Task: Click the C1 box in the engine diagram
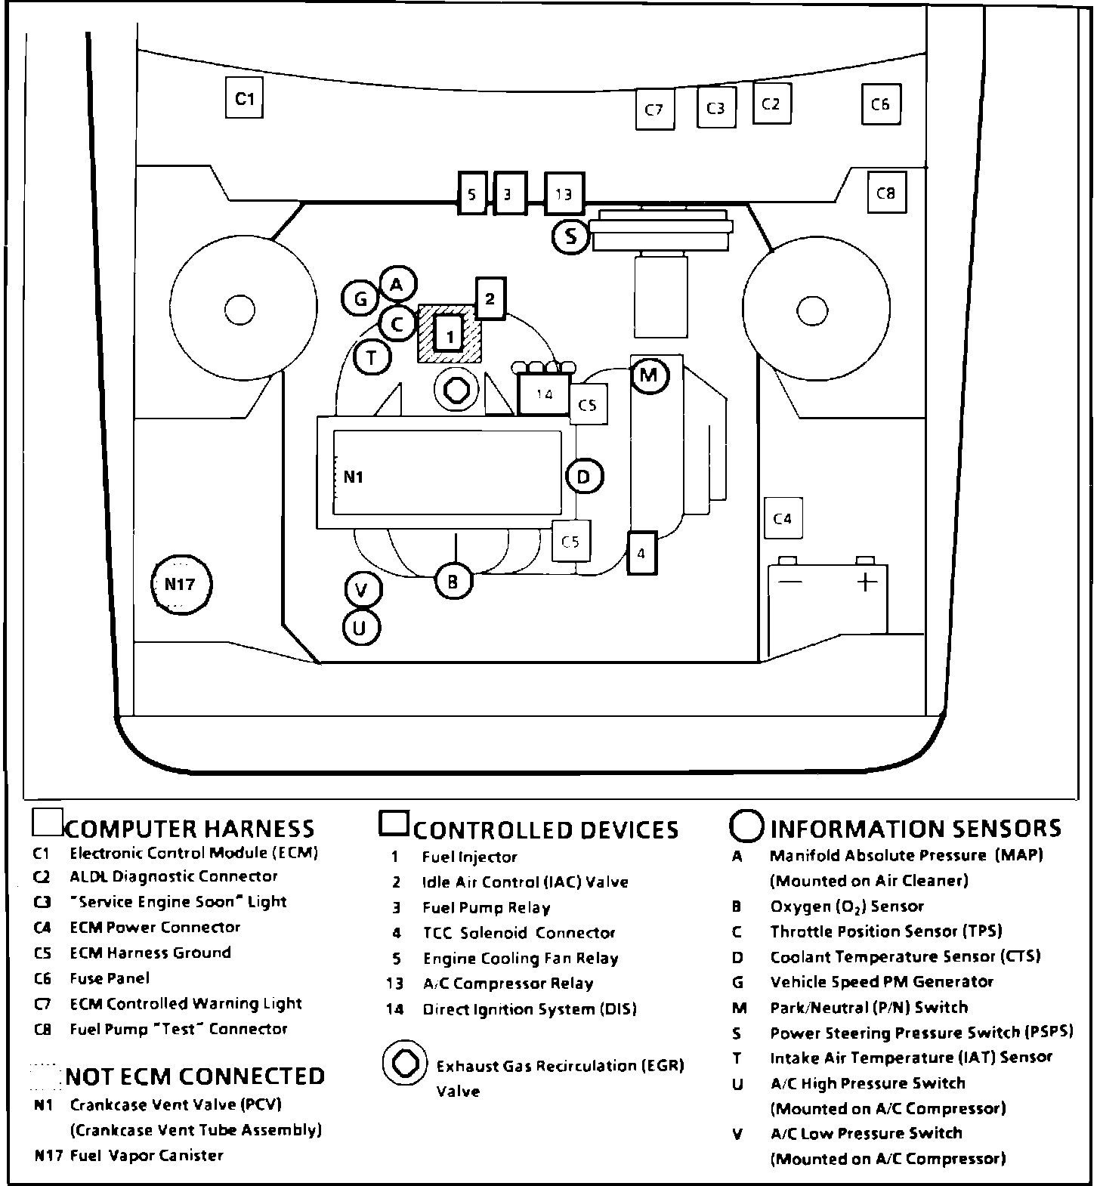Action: coord(244,98)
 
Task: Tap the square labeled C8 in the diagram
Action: coord(885,193)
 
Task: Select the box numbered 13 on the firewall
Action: coord(564,195)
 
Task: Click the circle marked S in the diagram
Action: coord(570,237)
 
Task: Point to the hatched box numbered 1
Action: coord(450,334)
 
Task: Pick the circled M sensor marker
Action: coord(649,375)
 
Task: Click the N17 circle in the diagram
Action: coord(181,584)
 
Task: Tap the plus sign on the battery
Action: coord(867,582)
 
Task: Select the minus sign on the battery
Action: coord(790,582)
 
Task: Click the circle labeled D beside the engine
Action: coord(583,477)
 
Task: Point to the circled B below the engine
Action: coord(453,582)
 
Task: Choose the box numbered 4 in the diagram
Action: coord(641,554)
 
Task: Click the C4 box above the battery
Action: coord(783,518)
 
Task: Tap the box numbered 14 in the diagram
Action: coord(545,394)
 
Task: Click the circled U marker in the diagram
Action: coord(360,628)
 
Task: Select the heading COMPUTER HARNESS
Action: coord(190,829)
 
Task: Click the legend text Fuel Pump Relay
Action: coord(486,907)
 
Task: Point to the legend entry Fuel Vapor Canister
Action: coord(147,1155)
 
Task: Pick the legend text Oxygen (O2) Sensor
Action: coord(847,906)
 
